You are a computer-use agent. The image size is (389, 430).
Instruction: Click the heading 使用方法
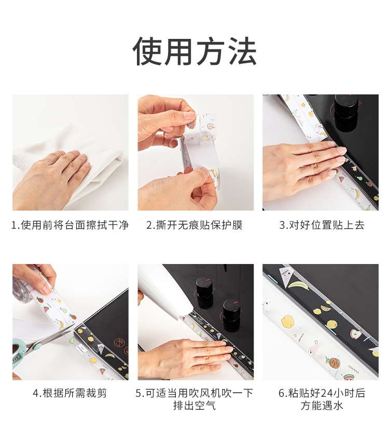(x=195, y=51)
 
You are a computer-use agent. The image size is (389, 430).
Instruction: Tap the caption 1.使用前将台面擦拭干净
(x=70, y=225)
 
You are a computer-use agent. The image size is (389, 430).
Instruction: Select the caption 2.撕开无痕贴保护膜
(x=195, y=225)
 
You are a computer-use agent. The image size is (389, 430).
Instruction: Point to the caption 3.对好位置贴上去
(x=322, y=225)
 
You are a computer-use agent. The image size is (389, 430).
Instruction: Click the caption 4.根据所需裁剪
(x=70, y=393)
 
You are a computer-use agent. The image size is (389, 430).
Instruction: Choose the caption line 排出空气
(x=195, y=405)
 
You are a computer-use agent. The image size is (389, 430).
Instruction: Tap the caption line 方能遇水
(x=322, y=405)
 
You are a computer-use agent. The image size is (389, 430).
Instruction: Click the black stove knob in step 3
(x=346, y=113)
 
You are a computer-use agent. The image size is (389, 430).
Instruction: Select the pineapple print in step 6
(x=332, y=363)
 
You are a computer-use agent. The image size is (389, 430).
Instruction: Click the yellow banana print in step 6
(x=298, y=284)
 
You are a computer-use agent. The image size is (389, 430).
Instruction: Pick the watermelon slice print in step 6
(x=349, y=377)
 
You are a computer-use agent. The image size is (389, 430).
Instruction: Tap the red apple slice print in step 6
(x=356, y=334)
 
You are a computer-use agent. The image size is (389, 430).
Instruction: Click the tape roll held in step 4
(x=23, y=288)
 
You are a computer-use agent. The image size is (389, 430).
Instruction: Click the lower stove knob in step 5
(x=231, y=315)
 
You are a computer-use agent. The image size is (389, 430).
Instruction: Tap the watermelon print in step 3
(x=341, y=179)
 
